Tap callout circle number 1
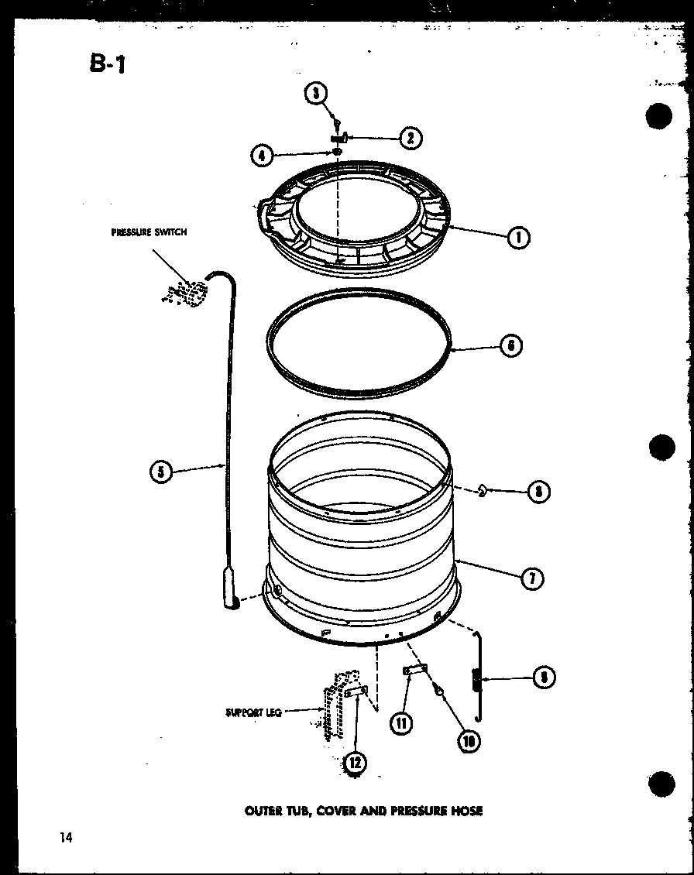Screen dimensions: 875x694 [x=517, y=238]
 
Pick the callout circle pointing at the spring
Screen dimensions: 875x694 [x=544, y=678]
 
